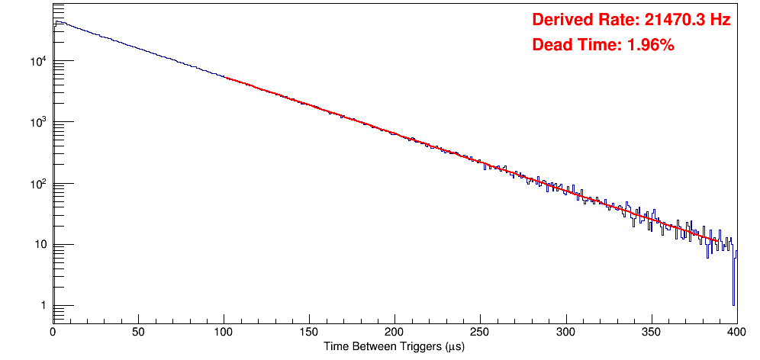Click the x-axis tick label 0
click(x=53, y=333)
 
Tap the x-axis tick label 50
click(x=138, y=333)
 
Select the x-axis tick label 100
click(x=224, y=333)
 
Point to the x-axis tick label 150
click(x=309, y=333)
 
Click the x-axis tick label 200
click(x=394, y=333)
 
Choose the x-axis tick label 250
click(x=480, y=333)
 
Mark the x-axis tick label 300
click(x=565, y=333)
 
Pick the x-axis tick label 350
click(x=651, y=333)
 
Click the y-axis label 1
click(x=43, y=306)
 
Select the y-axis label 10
click(x=40, y=245)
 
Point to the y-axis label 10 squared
click(x=39, y=183)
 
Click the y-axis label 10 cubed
click(x=39, y=122)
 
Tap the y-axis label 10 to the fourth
click(x=39, y=61)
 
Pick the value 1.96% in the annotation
click(x=650, y=45)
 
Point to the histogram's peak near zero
click(x=57, y=22)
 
